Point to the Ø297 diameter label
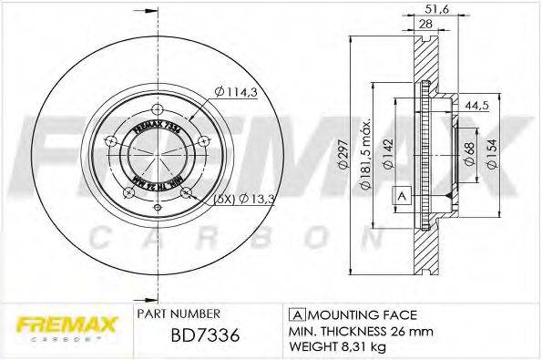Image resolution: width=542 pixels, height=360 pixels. pyautogui.click(x=343, y=158)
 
